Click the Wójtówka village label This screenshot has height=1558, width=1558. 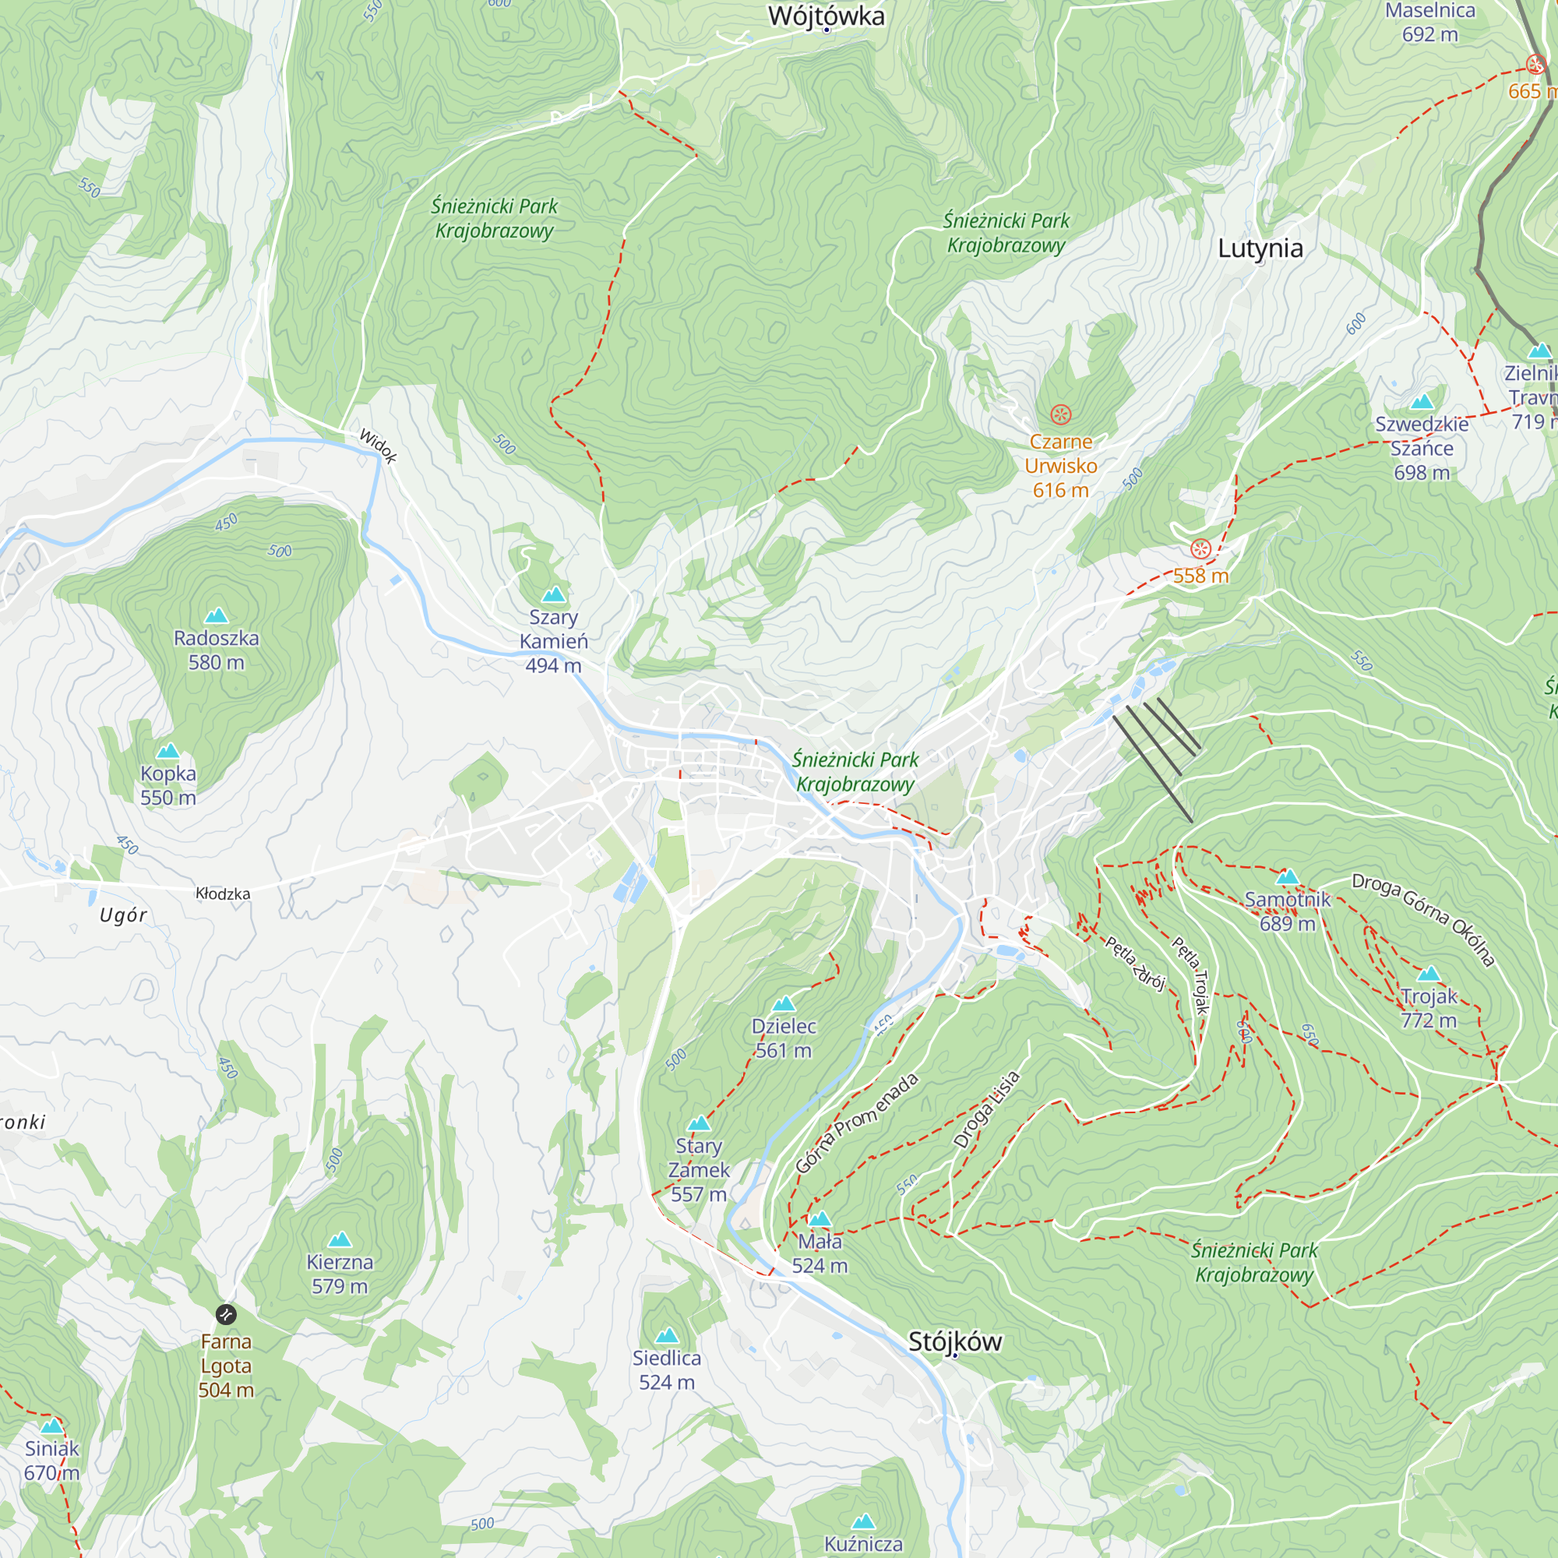826,16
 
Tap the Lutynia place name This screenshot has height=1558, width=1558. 1260,249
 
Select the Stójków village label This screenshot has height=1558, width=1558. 955,1341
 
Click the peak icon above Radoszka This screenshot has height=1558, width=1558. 216,616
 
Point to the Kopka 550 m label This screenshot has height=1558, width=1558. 167,785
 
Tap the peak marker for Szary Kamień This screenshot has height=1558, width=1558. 553,595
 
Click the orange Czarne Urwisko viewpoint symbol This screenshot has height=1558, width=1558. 1060,414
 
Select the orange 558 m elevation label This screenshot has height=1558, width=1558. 1200,576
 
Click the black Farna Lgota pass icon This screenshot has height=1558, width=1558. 226,1315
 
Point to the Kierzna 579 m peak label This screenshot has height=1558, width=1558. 340,1274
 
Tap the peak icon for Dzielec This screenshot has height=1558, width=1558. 784,1004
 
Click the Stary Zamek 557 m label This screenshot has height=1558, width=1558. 698,1170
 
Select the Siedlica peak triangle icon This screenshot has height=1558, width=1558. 666,1336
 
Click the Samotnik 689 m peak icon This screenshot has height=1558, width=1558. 1287,877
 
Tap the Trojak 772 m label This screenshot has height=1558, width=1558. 1428,1008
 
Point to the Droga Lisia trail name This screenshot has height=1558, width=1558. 986,1109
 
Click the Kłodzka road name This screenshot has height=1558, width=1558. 223,894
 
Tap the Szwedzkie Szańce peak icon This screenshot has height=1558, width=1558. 1422,403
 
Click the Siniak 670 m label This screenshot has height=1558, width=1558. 51,1461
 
